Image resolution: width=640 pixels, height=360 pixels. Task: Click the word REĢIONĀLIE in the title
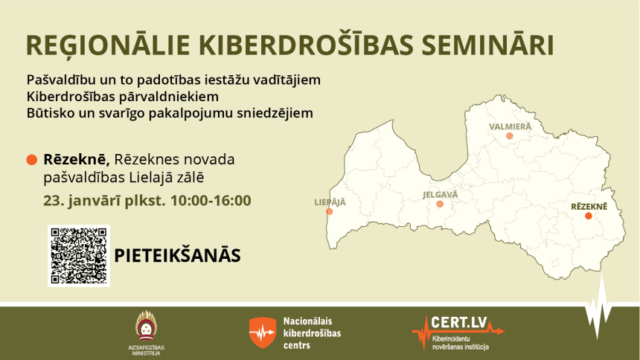pyautogui.click(x=108, y=45)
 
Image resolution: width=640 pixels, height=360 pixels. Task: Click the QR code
pyautogui.click(x=79, y=256)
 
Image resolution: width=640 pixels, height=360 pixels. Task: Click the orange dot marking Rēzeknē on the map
pyautogui.click(x=588, y=216)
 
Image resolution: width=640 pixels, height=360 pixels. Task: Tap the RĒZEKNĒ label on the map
pyautogui.click(x=589, y=206)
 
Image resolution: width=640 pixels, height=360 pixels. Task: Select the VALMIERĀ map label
pyautogui.click(x=511, y=126)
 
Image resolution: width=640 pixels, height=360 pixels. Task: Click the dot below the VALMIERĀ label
pyautogui.click(x=509, y=136)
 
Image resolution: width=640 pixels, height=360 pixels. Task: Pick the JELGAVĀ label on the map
pyautogui.click(x=440, y=194)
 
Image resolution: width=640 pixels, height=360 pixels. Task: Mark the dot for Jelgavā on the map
pyautogui.click(x=440, y=204)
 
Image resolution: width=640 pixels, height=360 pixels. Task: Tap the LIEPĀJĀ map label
pyautogui.click(x=330, y=202)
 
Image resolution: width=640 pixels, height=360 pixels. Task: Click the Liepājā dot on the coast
pyautogui.click(x=330, y=211)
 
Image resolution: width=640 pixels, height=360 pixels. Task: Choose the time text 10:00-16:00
pyautogui.click(x=211, y=200)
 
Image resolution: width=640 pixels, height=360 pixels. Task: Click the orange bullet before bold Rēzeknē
pyautogui.click(x=32, y=160)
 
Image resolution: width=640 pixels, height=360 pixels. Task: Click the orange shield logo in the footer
pyautogui.click(x=263, y=332)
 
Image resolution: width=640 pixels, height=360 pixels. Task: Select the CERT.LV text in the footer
pyautogui.click(x=459, y=323)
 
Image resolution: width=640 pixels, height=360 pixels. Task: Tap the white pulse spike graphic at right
pyautogui.click(x=599, y=307)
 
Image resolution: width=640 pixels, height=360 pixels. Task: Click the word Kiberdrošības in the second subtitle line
pyautogui.click(x=71, y=97)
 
